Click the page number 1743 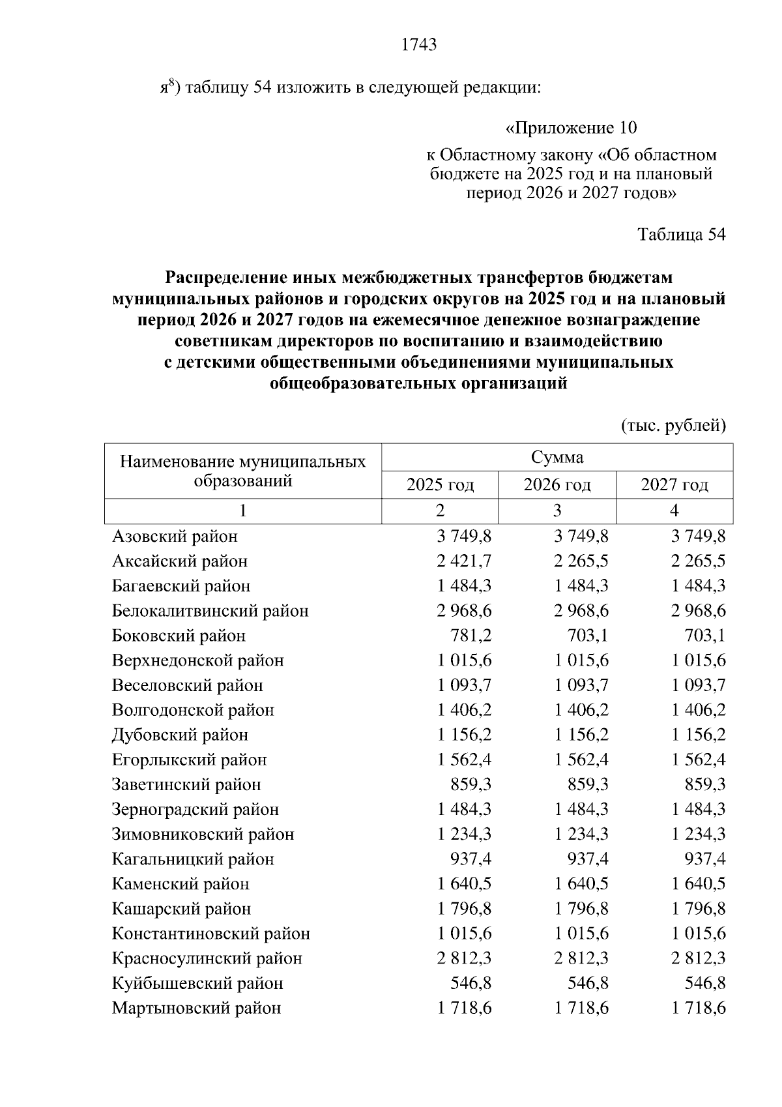tap(419, 44)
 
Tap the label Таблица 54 tap(680, 235)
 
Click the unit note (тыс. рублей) tap(673, 426)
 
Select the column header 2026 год tap(557, 485)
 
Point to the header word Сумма tap(557, 457)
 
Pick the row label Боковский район tap(179, 636)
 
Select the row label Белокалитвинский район tap(210, 611)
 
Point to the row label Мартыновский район tap(196, 1008)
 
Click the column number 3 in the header tap(557, 510)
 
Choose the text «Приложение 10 tap(571, 127)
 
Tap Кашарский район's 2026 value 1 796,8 tap(582, 908)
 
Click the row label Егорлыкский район tap(189, 760)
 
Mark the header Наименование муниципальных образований tap(242, 471)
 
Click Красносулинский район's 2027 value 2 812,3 tap(699, 958)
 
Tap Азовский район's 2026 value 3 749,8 tap(582, 536)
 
